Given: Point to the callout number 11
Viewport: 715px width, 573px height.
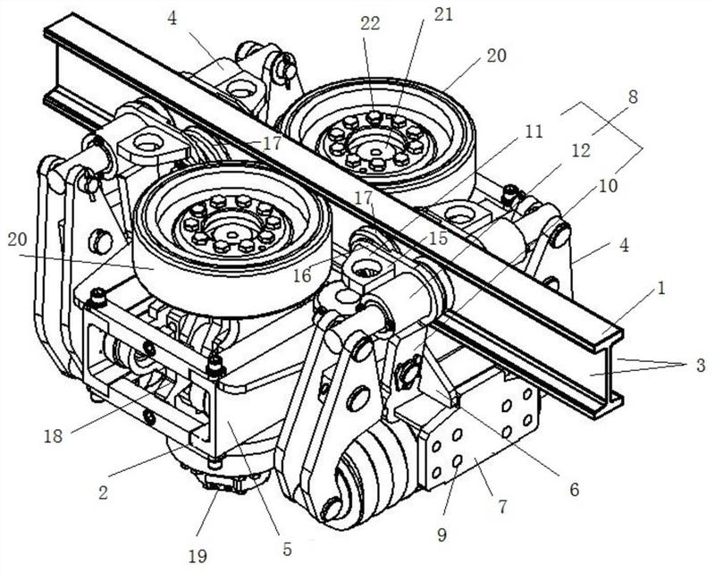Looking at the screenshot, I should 533,132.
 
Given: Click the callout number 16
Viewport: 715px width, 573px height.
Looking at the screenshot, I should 301,274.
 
